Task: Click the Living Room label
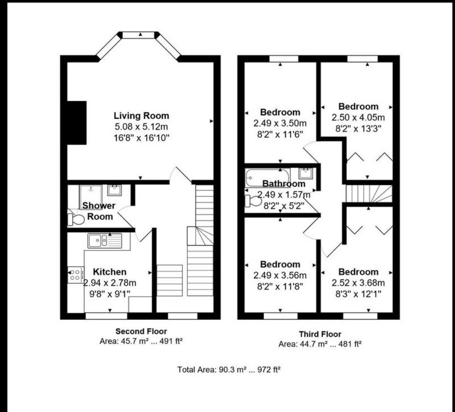tap(141, 116)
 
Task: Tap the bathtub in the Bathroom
tap(267, 178)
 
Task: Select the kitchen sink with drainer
tap(105, 240)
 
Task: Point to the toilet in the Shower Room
tap(76, 220)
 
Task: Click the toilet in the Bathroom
tap(253, 201)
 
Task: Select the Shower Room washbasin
tap(114, 190)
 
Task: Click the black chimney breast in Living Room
tap(77, 123)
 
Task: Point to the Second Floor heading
tap(141, 331)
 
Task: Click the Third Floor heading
tap(320, 334)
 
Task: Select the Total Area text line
tap(229, 370)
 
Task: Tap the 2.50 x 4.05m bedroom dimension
tap(358, 118)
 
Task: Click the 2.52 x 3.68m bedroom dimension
tap(358, 283)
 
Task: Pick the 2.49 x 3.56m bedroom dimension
tap(280, 275)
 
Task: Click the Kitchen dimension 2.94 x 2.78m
tap(110, 283)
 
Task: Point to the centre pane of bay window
tap(138, 35)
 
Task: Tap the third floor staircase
tap(369, 193)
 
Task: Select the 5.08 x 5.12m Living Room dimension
tap(141, 127)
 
